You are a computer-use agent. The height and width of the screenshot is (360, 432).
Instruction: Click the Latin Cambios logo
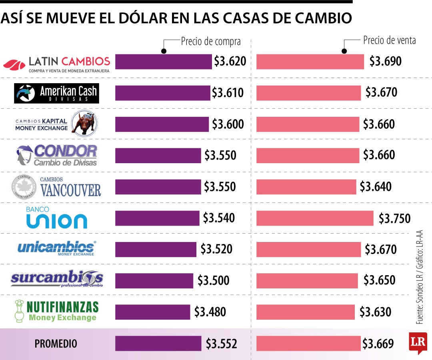click(56, 63)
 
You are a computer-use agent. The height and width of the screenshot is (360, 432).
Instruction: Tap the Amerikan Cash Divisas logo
click(56, 93)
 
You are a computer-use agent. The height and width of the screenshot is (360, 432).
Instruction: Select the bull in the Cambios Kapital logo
click(84, 122)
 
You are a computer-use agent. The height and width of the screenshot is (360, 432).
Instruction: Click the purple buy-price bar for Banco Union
click(157, 218)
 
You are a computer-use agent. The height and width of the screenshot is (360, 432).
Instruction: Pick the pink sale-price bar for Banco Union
click(314, 218)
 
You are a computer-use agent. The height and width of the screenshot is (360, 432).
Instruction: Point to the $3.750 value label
click(394, 218)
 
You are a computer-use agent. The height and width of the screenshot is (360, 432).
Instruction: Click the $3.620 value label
click(230, 61)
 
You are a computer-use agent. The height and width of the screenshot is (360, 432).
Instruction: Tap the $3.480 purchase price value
click(210, 312)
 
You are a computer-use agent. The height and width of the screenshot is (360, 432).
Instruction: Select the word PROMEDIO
click(56, 344)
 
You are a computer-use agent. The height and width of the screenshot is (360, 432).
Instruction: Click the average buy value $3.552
click(221, 344)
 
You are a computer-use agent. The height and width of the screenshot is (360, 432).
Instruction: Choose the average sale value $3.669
click(378, 344)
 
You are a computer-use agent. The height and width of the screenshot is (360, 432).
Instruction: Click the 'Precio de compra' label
click(211, 41)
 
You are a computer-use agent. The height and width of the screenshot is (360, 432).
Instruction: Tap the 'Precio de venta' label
click(389, 40)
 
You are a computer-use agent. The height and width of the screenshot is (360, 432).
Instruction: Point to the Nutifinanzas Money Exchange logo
click(56, 311)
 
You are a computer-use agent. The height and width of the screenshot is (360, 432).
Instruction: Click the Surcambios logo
click(56, 278)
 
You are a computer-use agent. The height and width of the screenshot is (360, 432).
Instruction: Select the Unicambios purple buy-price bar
click(156, 249)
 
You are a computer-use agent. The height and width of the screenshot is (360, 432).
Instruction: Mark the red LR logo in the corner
click(418, 342)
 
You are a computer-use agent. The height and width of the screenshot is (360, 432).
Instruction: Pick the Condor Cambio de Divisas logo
click(56, 155)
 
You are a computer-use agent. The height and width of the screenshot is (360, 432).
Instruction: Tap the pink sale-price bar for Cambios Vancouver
click(306, 187)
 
